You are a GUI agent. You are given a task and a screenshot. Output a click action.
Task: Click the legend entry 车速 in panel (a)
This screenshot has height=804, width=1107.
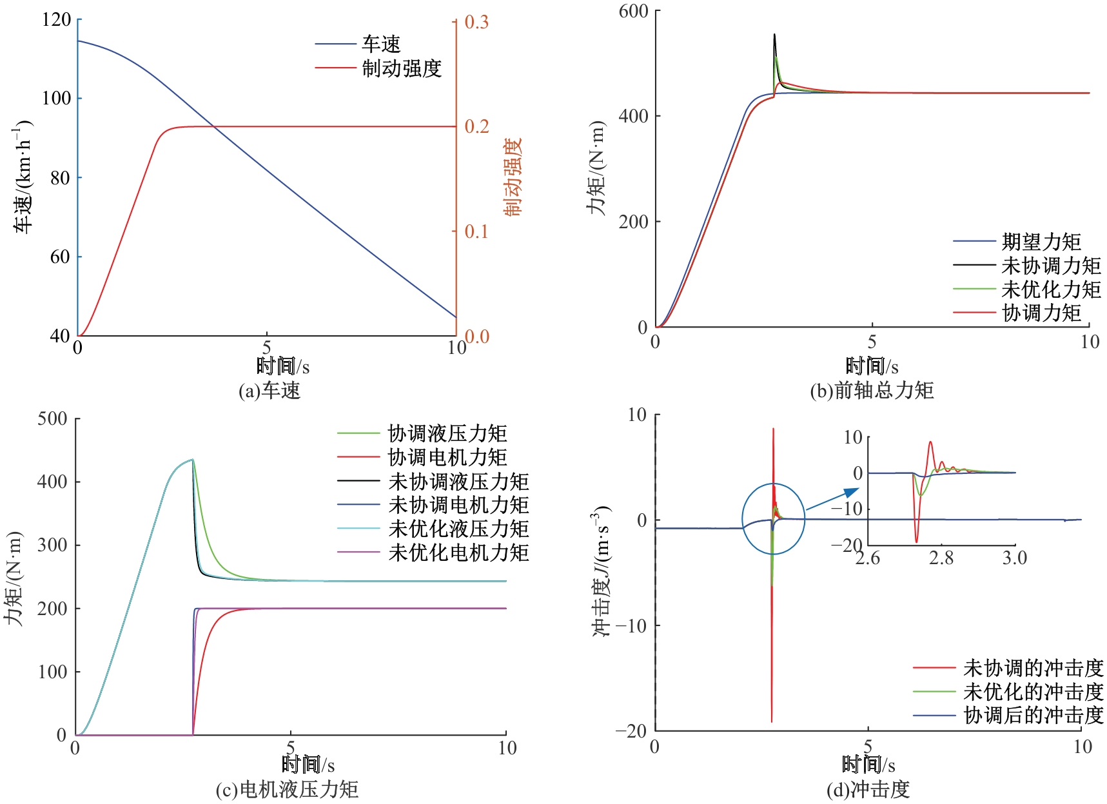[x=380, y=44]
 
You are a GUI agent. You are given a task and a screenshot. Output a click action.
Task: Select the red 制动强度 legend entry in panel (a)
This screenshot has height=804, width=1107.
[x=401, y=68]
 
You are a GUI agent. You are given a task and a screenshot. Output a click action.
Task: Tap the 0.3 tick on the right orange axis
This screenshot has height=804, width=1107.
[x=476, y=22]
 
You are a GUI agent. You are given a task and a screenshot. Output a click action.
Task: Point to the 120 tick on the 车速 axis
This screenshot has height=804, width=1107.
[x=57, y=19]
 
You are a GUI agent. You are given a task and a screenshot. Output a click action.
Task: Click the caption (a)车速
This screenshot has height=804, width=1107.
[x=269, y=390]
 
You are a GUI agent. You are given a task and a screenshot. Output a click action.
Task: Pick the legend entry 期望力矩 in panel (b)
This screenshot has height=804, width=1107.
[x=1041, y=242]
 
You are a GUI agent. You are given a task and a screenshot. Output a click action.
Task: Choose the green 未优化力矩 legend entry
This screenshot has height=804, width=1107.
[x=1051, y=289]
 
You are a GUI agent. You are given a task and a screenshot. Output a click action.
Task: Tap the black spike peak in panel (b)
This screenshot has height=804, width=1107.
[x=774, y=35]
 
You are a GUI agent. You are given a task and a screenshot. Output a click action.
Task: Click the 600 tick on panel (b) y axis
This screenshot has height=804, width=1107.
[x=633, y=11]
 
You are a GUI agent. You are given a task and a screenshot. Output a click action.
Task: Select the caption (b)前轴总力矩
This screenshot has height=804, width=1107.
[x=872, y=390]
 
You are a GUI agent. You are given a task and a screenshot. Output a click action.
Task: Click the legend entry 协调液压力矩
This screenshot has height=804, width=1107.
[x=447, y=433]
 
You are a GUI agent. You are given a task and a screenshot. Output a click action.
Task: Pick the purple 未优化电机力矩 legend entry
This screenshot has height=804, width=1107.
[x=458, y=552]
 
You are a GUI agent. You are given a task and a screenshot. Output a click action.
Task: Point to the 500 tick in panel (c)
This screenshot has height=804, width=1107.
[x=52, y=418]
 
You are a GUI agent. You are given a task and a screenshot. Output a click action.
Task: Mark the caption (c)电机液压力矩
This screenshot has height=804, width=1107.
[x=287, y=789]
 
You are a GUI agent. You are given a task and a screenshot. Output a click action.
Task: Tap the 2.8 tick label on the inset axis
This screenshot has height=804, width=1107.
[x=941, y=557]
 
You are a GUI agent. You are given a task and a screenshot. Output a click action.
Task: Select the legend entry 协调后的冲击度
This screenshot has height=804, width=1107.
[x=1033, y=715]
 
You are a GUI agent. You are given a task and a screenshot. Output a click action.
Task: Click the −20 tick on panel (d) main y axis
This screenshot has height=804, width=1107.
[x=631, y=730]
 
